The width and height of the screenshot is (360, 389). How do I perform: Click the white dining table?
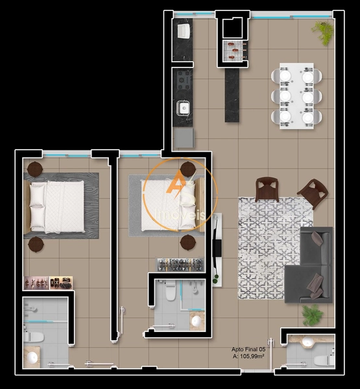(296, 96)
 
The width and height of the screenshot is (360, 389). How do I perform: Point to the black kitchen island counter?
(232, 95)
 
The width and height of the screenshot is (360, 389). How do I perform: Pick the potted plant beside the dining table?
(322, 30)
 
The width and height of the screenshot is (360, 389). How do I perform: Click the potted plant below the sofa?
(313, 315)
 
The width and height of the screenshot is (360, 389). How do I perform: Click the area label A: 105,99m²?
(249, 357)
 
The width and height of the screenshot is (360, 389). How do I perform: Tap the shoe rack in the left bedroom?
(48, 283)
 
